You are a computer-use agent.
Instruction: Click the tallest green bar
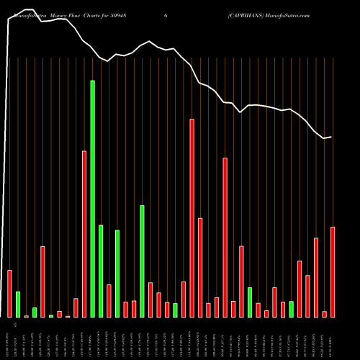pyautogui.click(x=92, y=198)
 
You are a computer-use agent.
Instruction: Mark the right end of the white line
pyautogui.click(x=331, y=137)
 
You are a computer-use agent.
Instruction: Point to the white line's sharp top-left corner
pyautogui.click(x=9, y=21)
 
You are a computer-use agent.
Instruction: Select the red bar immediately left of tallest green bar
pyautogui.click(x=84, y=234)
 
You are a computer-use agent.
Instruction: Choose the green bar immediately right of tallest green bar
pyautogui.click(x=101, y=271)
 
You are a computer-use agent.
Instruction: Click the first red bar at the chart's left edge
pyautogui.click(x=10, y=293)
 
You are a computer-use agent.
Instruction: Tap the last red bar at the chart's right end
pyautogui.click(x=333, y=271)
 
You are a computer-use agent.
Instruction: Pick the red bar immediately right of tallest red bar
pyautogui.click(x=200, y=267)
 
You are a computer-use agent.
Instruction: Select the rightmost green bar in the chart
pyautogui.click(x=292, y=309)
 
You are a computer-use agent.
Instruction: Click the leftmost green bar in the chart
pyautogui.click(x=18, y=304)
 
